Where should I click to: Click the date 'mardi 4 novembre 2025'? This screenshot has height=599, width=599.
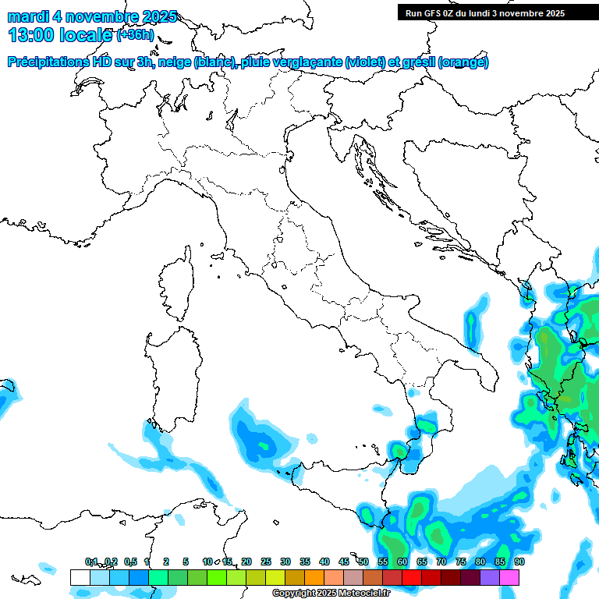[x=92, y=16]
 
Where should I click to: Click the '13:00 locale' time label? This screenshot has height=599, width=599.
[x=60, y=34]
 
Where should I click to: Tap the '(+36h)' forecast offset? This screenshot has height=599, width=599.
[x=136, y=35]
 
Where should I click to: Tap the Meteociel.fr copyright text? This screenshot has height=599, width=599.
[x=331, y=594]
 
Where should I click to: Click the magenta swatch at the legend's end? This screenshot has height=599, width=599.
[x=509, y=577]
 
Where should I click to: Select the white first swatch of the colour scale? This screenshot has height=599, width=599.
[x=80, y=577]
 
